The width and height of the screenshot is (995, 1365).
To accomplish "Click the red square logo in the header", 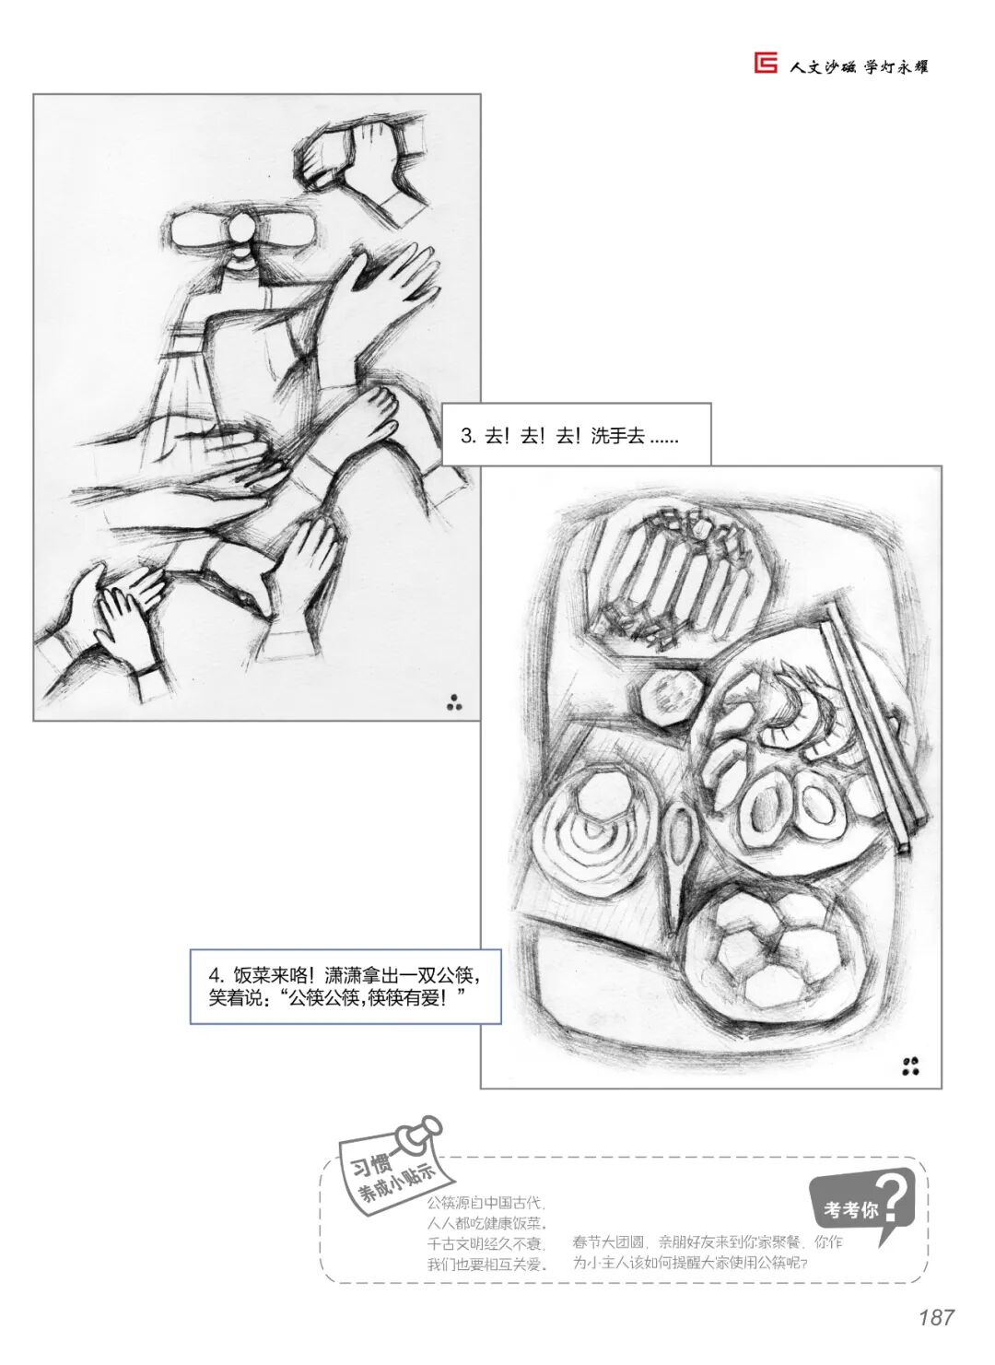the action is click(765, 63).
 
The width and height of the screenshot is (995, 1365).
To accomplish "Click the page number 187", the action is click(937, 1317).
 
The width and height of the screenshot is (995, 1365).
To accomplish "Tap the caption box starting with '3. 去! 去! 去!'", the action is click(576, 435).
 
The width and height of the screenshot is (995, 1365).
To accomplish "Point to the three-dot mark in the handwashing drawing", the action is click(454, 702).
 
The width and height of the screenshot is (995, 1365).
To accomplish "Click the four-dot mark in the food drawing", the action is click(911, 1065).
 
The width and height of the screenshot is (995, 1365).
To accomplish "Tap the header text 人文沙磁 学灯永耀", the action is click(859, 65).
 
